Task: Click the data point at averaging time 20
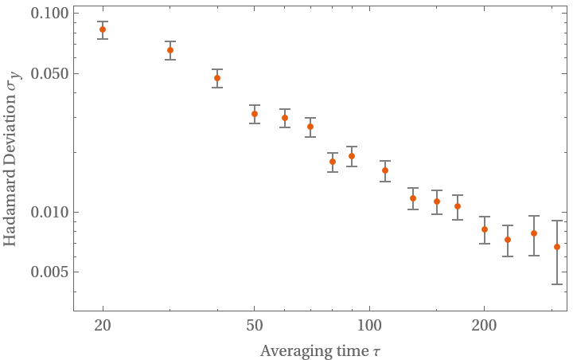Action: coord(103,29)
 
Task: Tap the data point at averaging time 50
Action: coord(255,114)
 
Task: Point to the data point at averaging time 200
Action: coord(485,229)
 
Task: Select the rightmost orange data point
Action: coord(557,247)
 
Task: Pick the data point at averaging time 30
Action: coord(170,50)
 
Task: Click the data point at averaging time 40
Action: coord(217,78)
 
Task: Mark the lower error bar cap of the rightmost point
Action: coord(557,284)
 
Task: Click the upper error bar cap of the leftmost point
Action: coord(103,22)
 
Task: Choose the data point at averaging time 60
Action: coord(285,118)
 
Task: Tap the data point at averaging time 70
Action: coord(310,127)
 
